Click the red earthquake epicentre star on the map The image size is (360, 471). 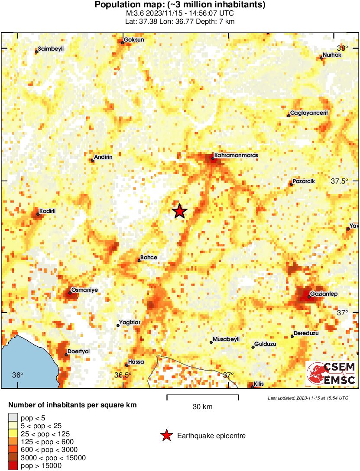point(179,211)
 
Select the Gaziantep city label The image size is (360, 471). point(324,294)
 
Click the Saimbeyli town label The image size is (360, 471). point(51,49)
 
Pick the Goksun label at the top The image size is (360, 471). point(134,40)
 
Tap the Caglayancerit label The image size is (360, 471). point(309,113)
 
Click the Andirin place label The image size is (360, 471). point(104,157)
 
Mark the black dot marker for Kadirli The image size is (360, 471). point(38,214)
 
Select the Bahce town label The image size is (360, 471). point(149,258)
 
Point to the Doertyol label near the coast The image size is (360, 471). point(79,352)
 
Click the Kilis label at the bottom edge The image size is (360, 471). point(259,384)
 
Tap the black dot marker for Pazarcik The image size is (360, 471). point(292,184)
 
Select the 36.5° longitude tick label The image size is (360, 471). point(123,375)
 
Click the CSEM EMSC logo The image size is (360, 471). point(331,373)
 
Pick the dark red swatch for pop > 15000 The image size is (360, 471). point(13,465)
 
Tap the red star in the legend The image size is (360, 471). point(166,436)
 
